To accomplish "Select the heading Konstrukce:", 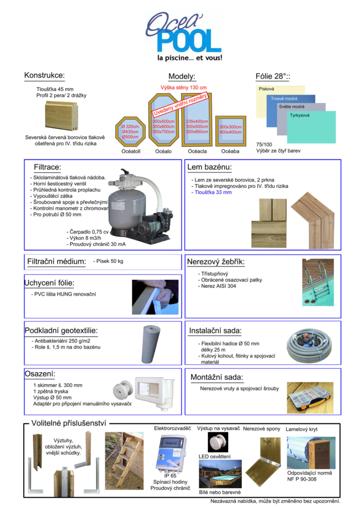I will pos(44,76).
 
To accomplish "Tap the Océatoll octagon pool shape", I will pos(130,131).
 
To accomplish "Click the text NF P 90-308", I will pos(303,479).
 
